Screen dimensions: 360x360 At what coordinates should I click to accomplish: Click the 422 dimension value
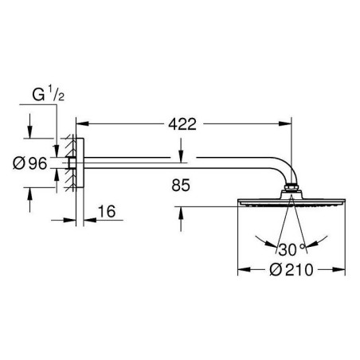point(182,124)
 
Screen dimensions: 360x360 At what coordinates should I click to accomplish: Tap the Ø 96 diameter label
point(30,163)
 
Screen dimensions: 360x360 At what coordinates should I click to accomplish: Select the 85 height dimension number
point(181,185)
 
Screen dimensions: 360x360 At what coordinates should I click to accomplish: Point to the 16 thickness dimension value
point(107,211)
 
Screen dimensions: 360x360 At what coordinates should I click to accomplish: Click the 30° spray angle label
point(292,249)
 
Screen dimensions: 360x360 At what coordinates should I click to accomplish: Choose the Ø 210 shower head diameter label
point(292,270)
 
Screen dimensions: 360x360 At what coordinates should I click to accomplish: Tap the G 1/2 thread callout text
point(48,95)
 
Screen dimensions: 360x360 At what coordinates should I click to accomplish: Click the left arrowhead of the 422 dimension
point(82,123)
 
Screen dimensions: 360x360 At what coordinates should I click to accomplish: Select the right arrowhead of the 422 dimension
point(285,123)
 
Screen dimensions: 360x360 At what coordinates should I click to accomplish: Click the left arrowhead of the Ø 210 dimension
point(244,270)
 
